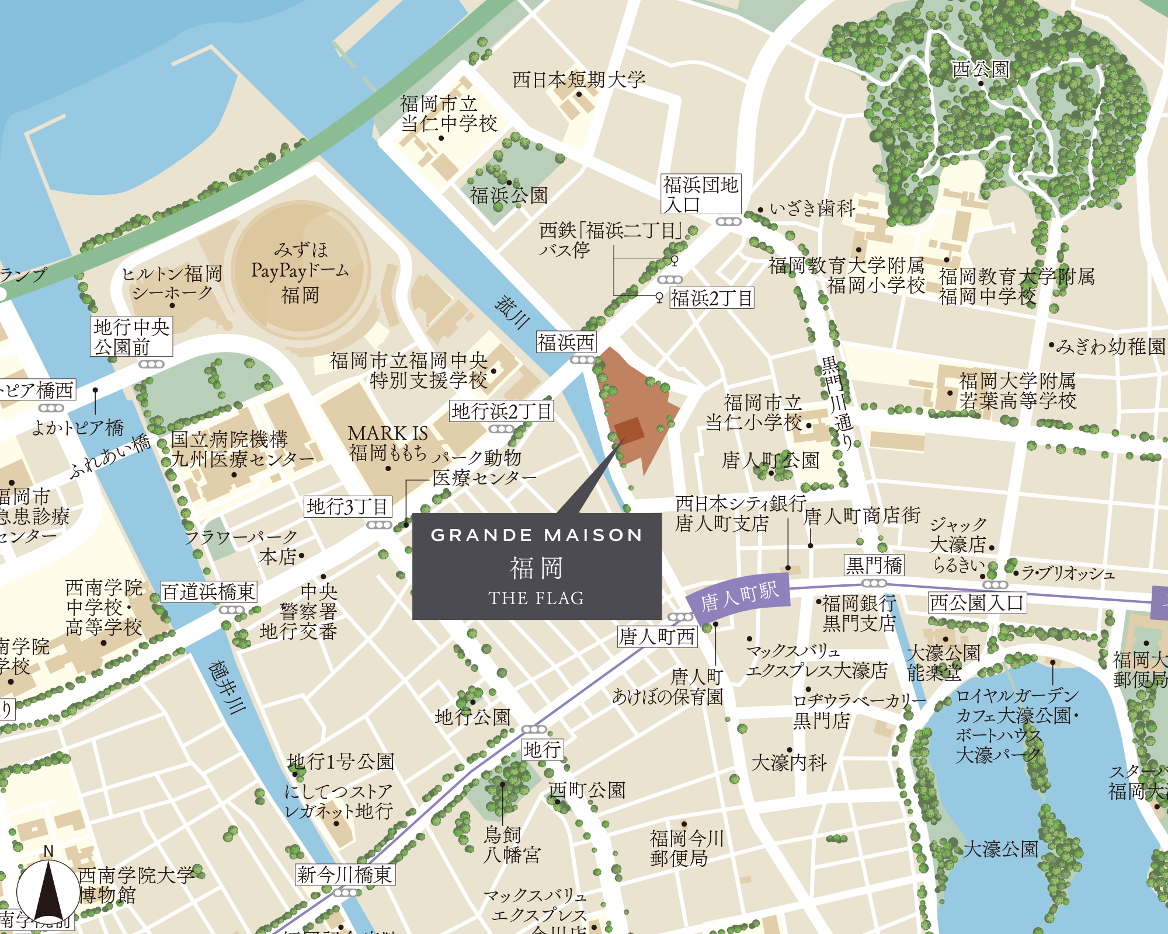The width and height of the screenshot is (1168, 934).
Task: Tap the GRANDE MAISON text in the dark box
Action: coord(536,535)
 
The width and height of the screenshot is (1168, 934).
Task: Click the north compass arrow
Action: coord(49,891)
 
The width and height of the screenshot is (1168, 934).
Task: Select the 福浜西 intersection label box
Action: coord(566,343)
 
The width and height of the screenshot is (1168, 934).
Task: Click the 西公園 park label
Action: coord(981,69)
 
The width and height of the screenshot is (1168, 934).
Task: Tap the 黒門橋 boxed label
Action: coord(874,565)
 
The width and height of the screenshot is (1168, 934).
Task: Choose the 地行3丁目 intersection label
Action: coord(347,506)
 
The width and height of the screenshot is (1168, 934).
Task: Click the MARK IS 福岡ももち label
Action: coord(388,442)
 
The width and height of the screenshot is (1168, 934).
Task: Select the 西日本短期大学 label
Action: coord(579,80)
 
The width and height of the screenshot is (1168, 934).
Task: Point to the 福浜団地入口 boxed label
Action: coord(701,194)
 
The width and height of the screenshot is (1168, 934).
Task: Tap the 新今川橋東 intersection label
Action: coord(345,874)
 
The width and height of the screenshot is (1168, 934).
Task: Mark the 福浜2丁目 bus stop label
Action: coord(711,298)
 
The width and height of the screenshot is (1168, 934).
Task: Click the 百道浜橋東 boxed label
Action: coord(208,592)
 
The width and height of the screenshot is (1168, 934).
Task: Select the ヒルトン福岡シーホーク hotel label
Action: coord(172,283)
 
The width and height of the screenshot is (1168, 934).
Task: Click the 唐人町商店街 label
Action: coord(862,516)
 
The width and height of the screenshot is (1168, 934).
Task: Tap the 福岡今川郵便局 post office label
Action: coord(687,848)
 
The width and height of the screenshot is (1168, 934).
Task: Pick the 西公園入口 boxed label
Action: coord(977,602)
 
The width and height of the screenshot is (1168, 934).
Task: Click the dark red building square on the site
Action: coord(629,431)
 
